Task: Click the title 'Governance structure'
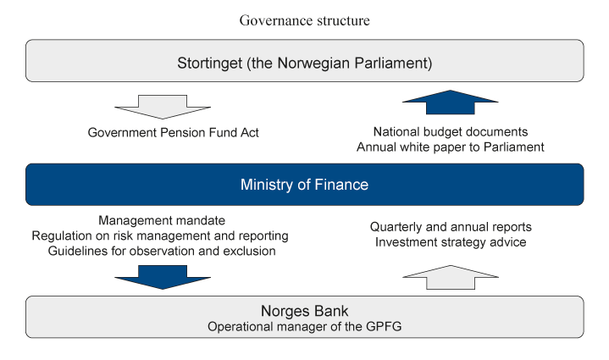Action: tap(304, 20)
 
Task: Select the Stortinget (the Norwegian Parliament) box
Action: tap(304, 62)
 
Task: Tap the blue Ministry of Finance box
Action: tap(304, 185)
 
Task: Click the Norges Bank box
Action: tap(304, 317)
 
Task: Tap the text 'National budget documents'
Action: tap(451, 131)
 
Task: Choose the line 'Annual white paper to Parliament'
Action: tap(451, 147)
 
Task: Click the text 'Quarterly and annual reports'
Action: tap(451, 228)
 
